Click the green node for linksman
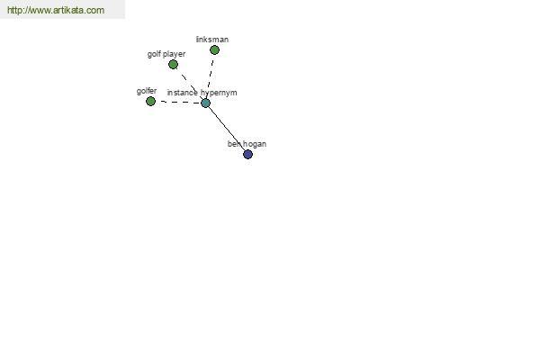[214, 50]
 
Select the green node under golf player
[173, 65]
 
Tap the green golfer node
[150, 102]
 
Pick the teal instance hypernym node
[205, 103]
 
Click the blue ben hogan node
[248, 154]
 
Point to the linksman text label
[212, 40]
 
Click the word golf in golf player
[154, 54]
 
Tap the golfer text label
[147, 91]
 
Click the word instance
[182, 93]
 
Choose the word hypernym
[219, 93]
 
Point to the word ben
[234, 144]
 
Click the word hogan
[255, 144]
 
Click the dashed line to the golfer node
[180, 102]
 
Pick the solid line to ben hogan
[226, 128]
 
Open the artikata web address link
[56, 10]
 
